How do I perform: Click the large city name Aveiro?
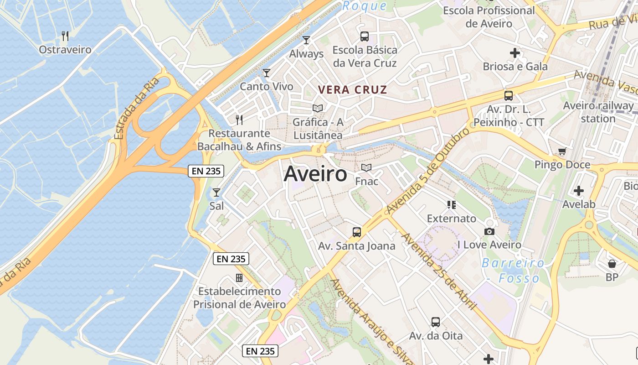[x=315, y=174]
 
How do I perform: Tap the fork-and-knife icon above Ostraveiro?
[x=65, y=36]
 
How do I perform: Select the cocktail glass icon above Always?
[x=306, y=40]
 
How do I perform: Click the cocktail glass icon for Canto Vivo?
[x=267, y=73]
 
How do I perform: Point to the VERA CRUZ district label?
[x=352, y=90]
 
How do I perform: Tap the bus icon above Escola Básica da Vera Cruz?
[x=365, y=36]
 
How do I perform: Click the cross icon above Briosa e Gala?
[x=515, y=53]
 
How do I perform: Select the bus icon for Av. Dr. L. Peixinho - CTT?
[x=509, y=96]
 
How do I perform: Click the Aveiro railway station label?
[x=598, y=112]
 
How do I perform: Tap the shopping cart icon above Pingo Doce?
[x=562, y=151]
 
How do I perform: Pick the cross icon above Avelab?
[x=579, y=190]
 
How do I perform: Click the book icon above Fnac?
[x=366, y=168]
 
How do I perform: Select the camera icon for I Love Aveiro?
[x=489, y=232]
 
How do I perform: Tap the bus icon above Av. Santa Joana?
[x=357, y=232]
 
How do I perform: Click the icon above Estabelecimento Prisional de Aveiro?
[x=239, y=277]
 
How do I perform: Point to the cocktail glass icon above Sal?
[x=216, y=193]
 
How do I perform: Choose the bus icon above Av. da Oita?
[x=436, y=322]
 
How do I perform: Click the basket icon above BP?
[x=612, y=264]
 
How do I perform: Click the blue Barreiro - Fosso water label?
[x=513, y=271]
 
